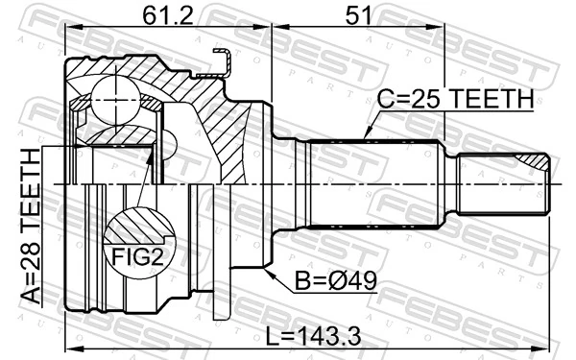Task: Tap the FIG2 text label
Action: tap(132, 256)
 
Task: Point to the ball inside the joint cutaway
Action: tap(113, 99)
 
